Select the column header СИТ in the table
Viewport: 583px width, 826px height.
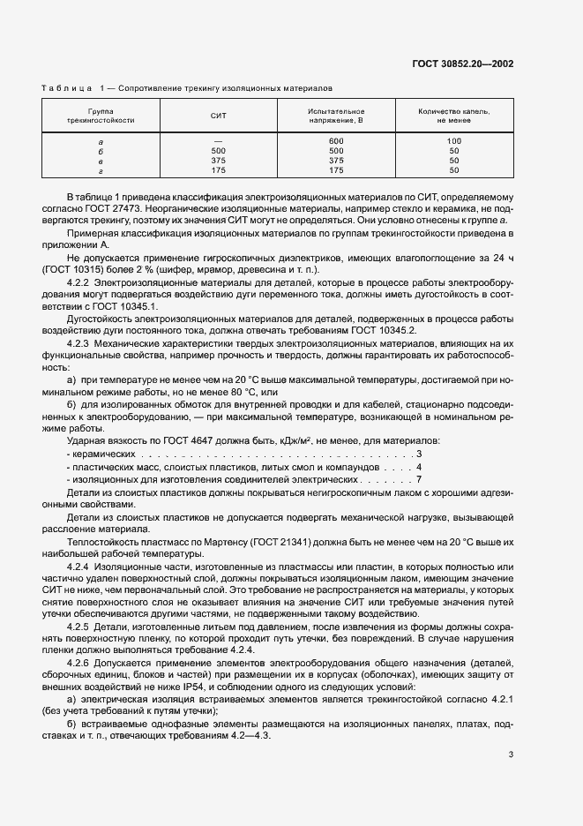(x=219, y=116)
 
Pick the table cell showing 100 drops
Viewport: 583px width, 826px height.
(x=453, y=141)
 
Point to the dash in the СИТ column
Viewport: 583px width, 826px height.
(x=219, y=141)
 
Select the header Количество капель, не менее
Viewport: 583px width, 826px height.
(x=453, y=116)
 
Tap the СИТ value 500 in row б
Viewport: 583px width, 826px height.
(x=219, y=151)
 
